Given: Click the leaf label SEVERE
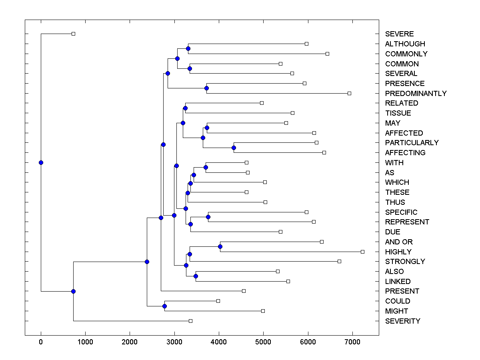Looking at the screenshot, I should (399, 34).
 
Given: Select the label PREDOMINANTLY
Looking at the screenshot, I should (416, 94).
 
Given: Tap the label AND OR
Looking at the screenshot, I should (399, 242).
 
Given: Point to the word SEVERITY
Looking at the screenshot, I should (402, 321).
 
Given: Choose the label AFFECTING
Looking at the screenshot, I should (405, 153).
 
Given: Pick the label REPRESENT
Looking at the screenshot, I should (407, 222).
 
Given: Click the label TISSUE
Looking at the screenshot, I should (398, 113).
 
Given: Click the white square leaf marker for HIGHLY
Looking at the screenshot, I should (362, 252).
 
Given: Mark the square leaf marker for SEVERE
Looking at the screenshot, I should (73, 34).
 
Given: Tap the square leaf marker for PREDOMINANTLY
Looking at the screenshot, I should (349, 93).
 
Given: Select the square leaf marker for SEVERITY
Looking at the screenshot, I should (190, 321).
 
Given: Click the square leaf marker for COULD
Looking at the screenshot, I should (218, 301).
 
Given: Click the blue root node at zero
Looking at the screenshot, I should (41, 162).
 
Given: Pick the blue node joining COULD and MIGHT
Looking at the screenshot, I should (164, 306).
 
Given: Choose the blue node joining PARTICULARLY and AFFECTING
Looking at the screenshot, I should (234, 148).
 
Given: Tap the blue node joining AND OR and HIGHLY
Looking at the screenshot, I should (220, 246).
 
